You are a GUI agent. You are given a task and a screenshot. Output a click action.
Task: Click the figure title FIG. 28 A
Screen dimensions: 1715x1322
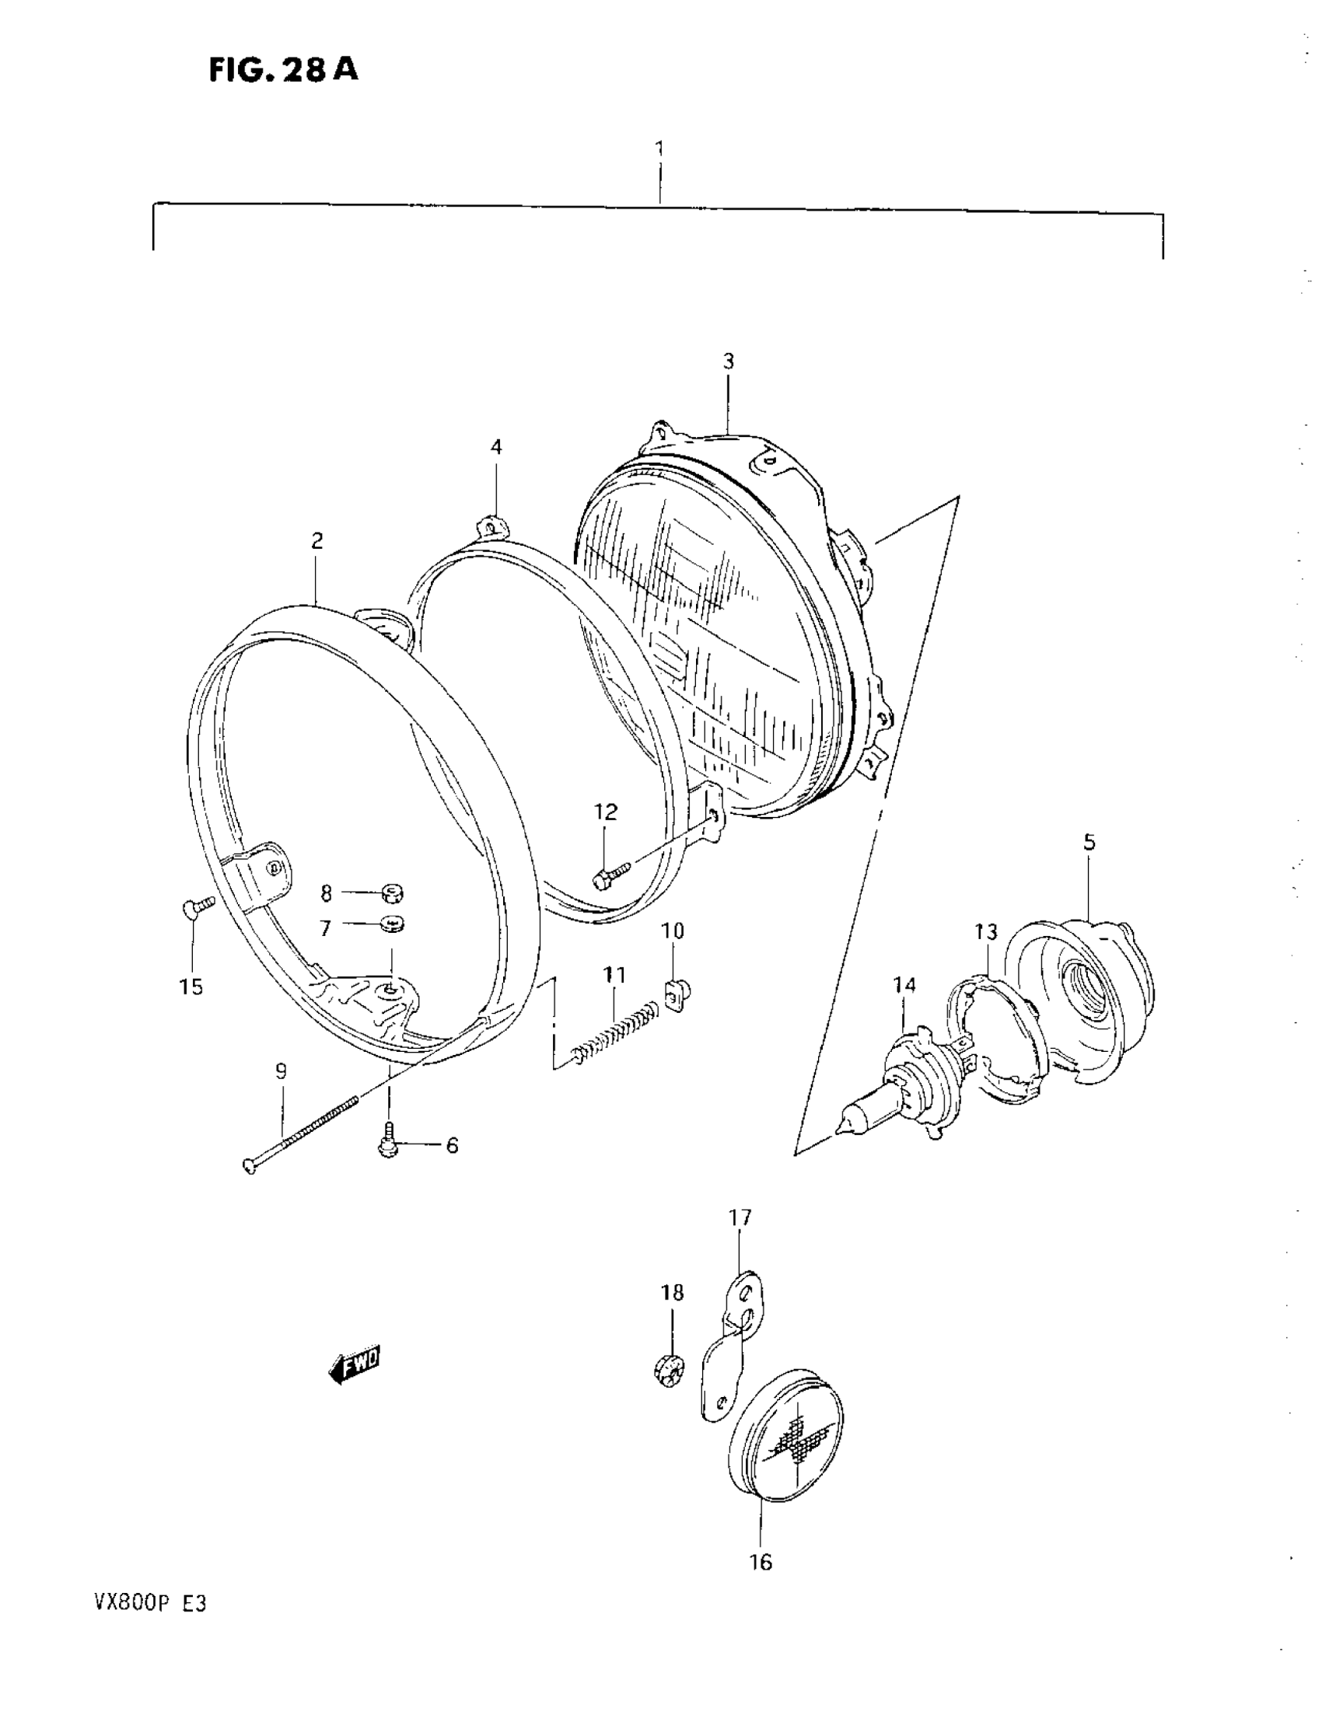point(284,71)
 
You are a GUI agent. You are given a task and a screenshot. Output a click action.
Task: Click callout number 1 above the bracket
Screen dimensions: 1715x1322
point(659,148)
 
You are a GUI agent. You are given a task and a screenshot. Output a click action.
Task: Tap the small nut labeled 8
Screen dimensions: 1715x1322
point(393,892)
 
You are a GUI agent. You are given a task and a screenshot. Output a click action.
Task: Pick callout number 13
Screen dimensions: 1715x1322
point(986,931)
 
